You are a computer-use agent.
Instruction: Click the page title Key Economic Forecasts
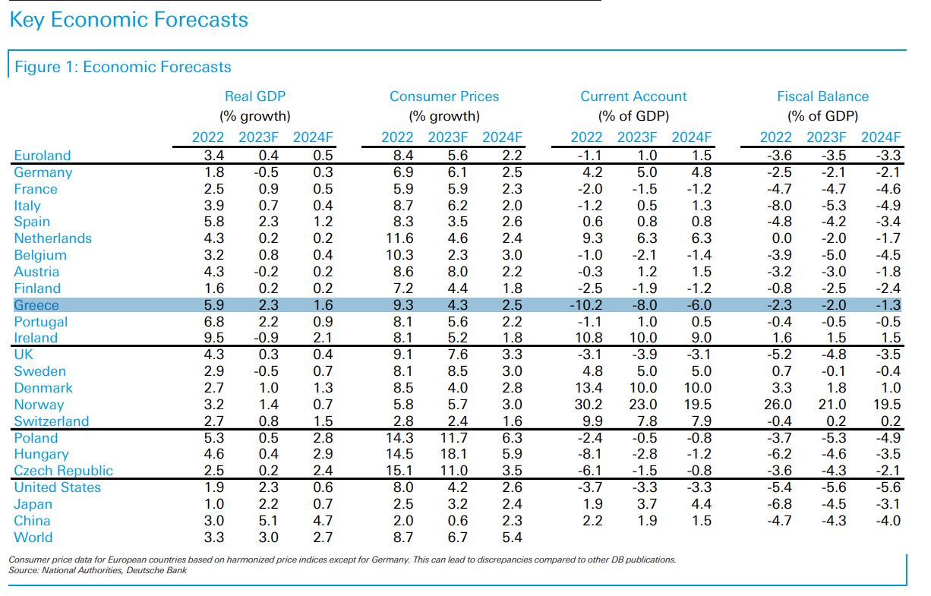point(128,20)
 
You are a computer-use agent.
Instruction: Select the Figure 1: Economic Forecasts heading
point(123,67)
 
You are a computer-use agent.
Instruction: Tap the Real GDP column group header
point(255,96)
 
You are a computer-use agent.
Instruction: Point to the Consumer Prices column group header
point(444,96)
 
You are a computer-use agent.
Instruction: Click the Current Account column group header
point(633,96)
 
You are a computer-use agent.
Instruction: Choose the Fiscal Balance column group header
point(822,96)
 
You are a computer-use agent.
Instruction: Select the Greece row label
point(36,305)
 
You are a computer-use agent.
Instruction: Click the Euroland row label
point(42,156)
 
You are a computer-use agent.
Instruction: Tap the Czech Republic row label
point(63,471)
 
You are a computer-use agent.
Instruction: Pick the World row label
point(33,538)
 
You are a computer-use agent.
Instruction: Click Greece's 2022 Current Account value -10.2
point(585,305)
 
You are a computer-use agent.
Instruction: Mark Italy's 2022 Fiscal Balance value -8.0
point(778,206)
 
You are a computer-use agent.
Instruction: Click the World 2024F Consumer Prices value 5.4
point(513,538)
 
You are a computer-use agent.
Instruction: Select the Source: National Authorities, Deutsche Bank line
point(97,570)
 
